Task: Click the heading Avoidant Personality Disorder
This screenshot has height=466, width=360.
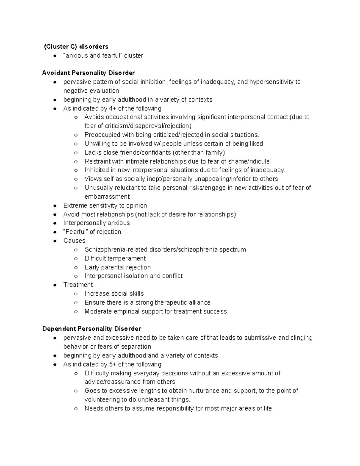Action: tap(88, 73)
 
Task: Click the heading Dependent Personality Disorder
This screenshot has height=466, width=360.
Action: tap(91, 329)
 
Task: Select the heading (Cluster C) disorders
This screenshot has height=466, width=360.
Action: tap(76, 47)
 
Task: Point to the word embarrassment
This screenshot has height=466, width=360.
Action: tap(107, 197)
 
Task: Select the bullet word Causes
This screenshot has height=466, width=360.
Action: tap(74, 241)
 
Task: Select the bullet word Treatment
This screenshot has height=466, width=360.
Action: tap(78, 285)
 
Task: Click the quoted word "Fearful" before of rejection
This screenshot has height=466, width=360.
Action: tap(75, 232)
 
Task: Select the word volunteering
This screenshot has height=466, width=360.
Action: tap(102, 400)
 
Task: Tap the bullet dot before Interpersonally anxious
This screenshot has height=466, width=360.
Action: tap(55, 223)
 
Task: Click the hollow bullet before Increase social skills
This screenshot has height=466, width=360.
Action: tap(76, 294)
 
